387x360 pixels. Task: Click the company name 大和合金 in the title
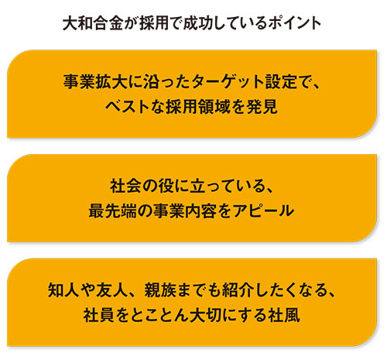tap(93, 23)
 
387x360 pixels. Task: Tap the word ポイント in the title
tap(294, 23)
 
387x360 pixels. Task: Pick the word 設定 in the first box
tap(281, 82)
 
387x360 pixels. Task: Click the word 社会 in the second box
tap(126, 186)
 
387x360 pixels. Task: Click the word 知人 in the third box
tap(63, 290)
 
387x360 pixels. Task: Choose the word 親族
tap(160, 290)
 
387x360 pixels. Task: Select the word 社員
tap(99, 315)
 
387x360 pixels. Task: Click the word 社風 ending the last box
tap(284, 315)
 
